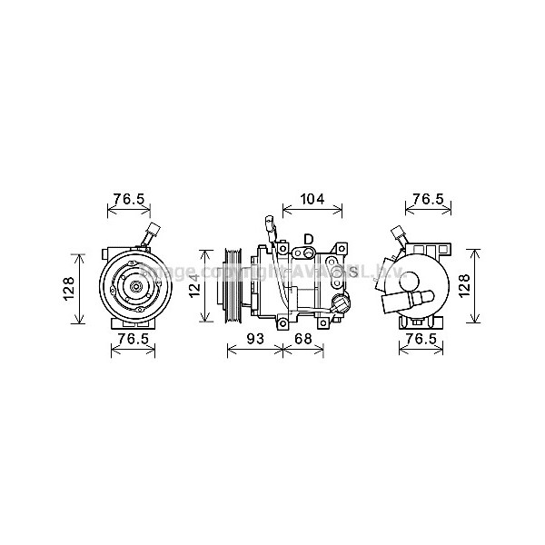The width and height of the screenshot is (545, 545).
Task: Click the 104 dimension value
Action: coord(312,198)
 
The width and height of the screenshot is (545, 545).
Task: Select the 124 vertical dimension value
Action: coord(193,288)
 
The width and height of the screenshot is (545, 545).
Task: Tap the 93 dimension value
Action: coord(256,338)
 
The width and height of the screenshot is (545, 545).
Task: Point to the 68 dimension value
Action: coord(302,338)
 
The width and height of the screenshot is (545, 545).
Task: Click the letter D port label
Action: coord(308,239)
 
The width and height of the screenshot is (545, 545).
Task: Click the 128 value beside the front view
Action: coord(68,288)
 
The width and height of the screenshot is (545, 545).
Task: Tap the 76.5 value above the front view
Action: coord(129,199)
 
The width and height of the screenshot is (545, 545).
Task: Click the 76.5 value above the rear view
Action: coord(427,199)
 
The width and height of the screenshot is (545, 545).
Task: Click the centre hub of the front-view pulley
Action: coord(133,288)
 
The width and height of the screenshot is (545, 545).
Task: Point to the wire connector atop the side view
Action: coord(270,223)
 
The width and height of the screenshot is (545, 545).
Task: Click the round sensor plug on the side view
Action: coord(341,302)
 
